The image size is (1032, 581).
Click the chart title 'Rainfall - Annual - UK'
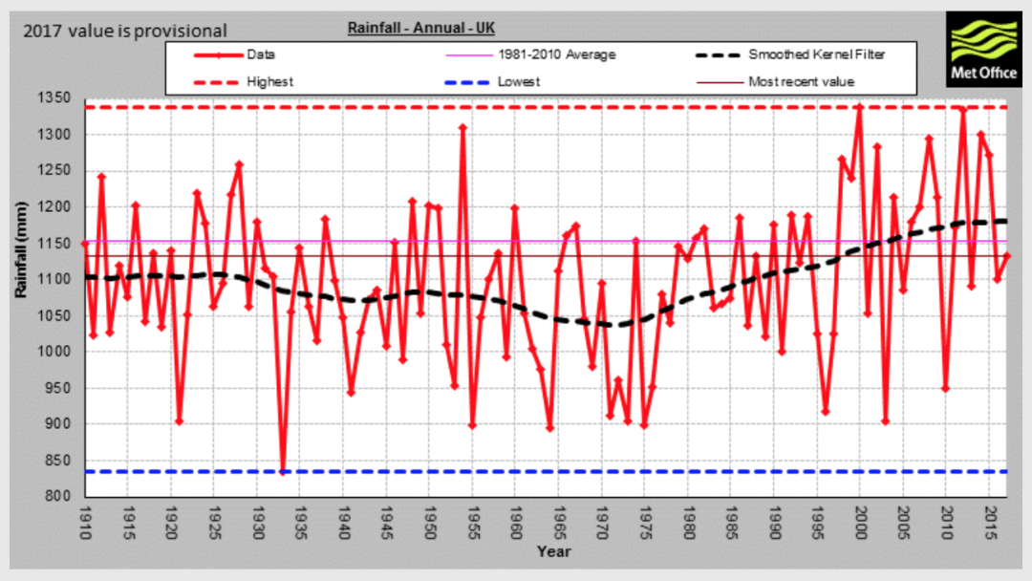pos(419,29)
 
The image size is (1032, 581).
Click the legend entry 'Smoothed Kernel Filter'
pos(817,54)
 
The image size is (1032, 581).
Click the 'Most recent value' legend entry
pos(801,81)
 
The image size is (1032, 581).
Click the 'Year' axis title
pos(553,551)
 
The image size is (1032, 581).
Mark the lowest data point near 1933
pos(283,471)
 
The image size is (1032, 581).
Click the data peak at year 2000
pos(859,107)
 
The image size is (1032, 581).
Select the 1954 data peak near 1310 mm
pos(462,127)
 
